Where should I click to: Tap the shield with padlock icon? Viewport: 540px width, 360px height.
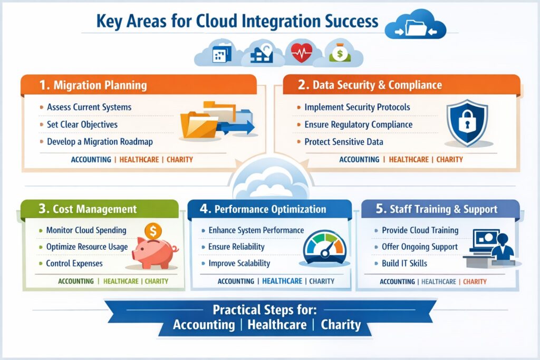point(467,123)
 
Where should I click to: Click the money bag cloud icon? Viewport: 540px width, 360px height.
point(337,53)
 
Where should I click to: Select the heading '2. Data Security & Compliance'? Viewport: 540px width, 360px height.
point(377,85)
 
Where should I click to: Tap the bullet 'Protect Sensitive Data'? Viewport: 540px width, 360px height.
point(344,142)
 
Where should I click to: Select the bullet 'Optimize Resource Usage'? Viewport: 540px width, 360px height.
point(87,247)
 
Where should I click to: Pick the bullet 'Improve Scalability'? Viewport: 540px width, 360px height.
point(239,263)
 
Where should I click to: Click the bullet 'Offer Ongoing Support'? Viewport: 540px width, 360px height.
point(420,247)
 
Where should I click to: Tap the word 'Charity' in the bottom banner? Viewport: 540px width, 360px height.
point(341,324)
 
